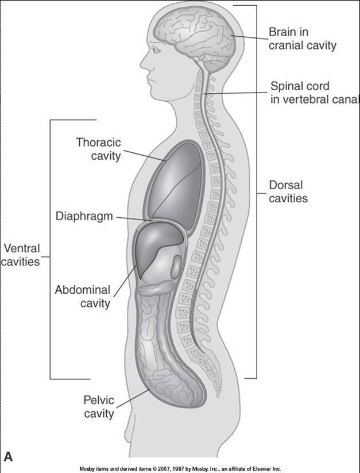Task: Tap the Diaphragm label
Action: [x=84, y=217]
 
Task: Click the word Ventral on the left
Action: [x=22, y=249]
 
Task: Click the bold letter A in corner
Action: [x=8, y=456]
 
